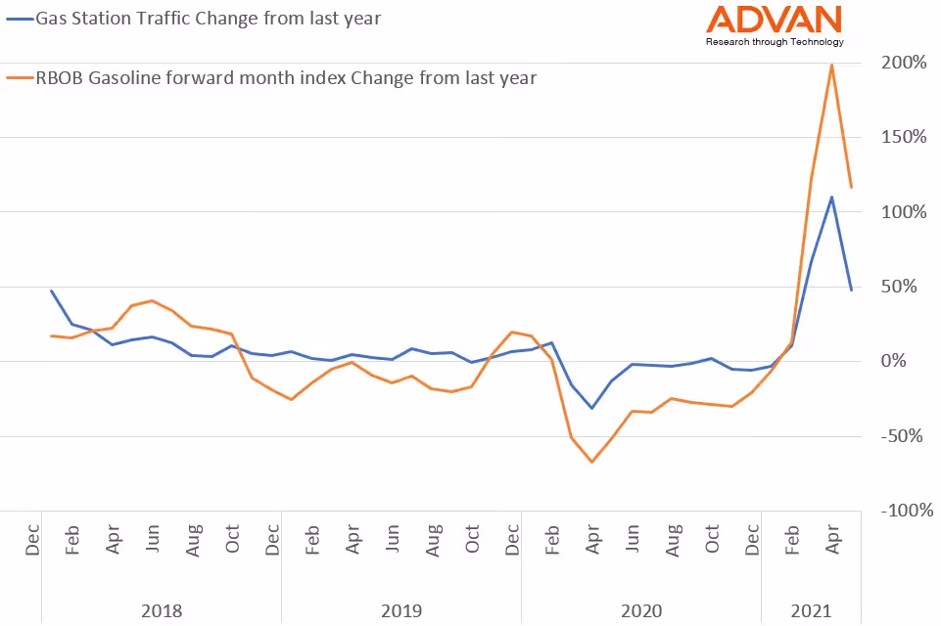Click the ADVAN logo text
pyautogui.click(x=774, y=20)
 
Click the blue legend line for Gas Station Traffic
pyautogui.click(x=19, y=17)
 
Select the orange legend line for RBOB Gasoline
pyautogui.click(x=19, y=77)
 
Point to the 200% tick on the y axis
pyautogui.click(x=903, y=63)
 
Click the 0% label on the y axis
pyautogui.click(x=912, y=361)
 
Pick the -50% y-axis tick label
pyautogui.click(x=905, y=436)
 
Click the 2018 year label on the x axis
pyautogui.click(x=162, y=611)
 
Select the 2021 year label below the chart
pyautogui.click(x=811, y=611)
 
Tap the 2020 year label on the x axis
pyautogui.click(x=641, y=611)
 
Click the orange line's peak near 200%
pyautogui.click(x=831, y=65)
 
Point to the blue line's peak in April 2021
pyautogui.click(x=831, y=197)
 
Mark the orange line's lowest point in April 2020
pyautogui.click(x=591, y=462)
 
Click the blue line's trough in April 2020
pyautogui.click(x=591, y=408)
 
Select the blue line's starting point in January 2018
pyautogui.click(x=51, y=291)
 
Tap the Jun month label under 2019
pyautogui.click(x=392, y=540)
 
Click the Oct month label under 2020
pyautogui.click(x=712, y=540)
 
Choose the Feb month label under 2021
pyautogui.click(x=791, y=540)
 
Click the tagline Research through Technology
pyautogui.click(x=774, y=42)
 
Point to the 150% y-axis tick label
pyautogui.click(x=903, y=137)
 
